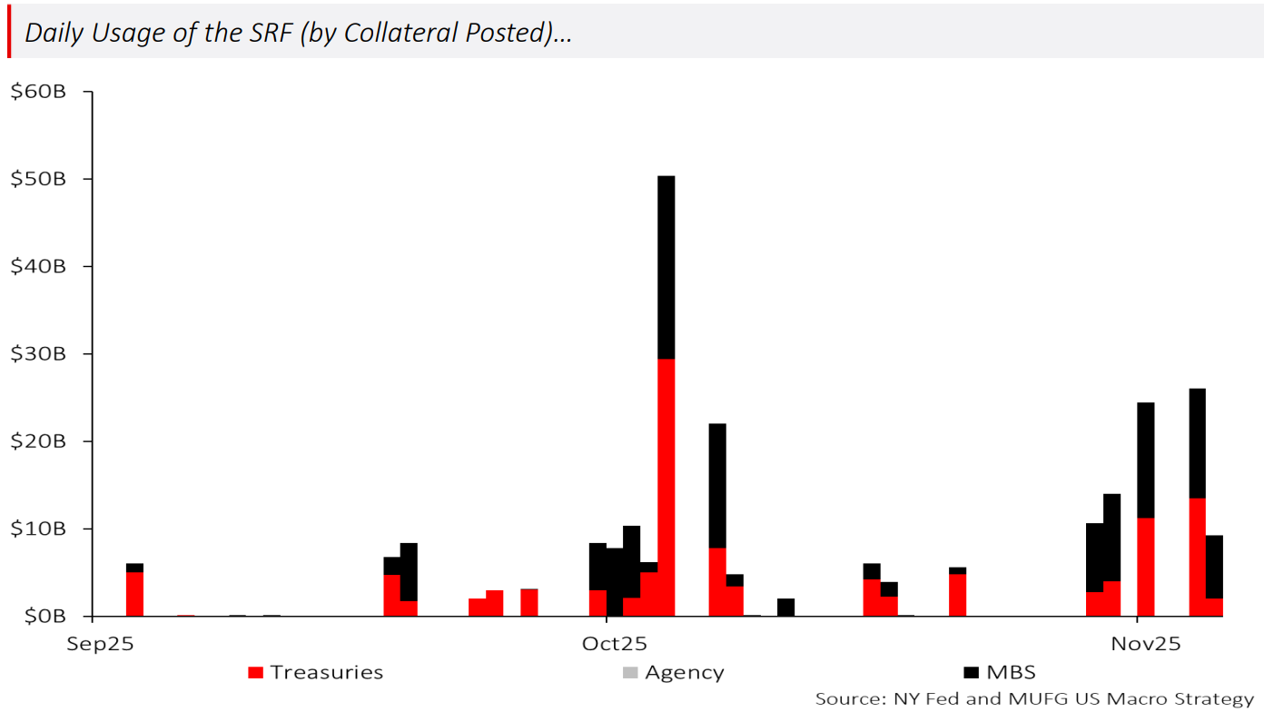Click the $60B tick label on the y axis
[x=37, y=92]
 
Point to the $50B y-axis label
[x=37, y=179]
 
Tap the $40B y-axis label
[x=37, y=266]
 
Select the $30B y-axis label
[x=37, y=353]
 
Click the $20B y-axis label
[x=37, y=441]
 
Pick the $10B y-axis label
[x=37, y=529]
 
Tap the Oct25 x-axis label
[x=615, y=644]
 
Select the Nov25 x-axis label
[x=1146, y=644]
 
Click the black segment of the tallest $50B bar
[x=666, y=267]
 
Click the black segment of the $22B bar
[x=717, y=485]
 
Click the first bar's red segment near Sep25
[x=134, y=593]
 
